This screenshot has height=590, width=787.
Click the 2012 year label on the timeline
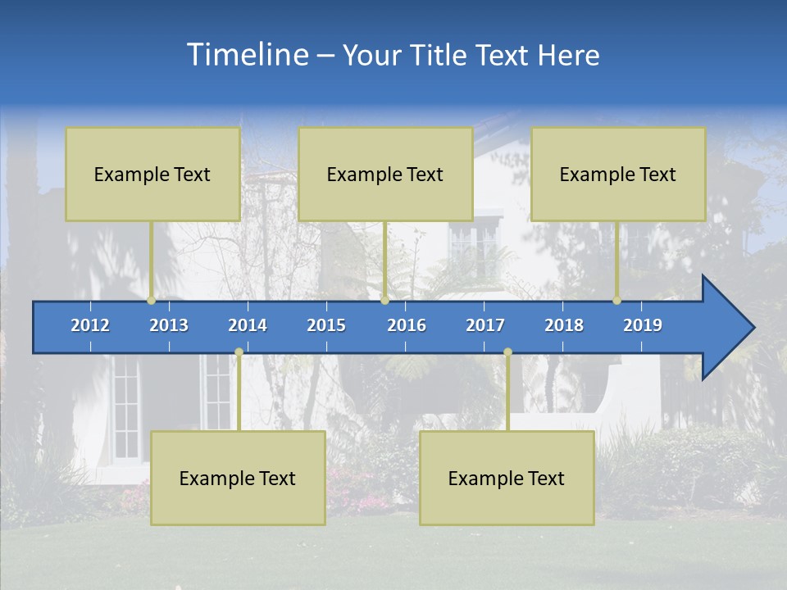[90, 325]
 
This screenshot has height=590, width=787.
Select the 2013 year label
[169, 325]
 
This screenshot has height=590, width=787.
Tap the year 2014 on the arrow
[248, 325]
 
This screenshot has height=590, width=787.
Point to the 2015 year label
[326, 325]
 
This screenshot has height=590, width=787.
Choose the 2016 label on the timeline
[407, 325]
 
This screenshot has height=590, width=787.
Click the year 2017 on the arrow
[485, 325]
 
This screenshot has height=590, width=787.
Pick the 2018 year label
[564, 325]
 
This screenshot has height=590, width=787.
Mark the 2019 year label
[643, 325]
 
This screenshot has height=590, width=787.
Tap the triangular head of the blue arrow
[726, 328]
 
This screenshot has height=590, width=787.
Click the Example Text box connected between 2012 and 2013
[152, 174]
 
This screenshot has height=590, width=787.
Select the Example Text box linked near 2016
[385, 174]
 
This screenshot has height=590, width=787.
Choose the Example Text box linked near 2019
[618, 174]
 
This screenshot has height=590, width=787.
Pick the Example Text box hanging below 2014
[238, 478]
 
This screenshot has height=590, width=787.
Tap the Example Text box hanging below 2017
[507, 478]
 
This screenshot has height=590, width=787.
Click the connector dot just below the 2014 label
[239, 352]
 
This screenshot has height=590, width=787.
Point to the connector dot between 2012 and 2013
[151, 301]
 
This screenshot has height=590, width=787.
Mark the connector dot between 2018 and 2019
[616, 301]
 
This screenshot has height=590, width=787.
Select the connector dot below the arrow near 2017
[507, 352]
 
